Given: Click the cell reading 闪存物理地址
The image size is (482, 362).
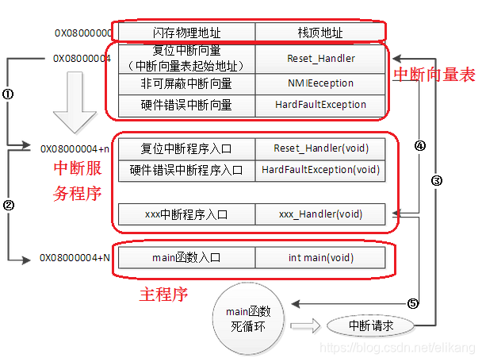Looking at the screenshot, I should pos(186,33).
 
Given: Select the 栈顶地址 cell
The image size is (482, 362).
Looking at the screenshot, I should pos(320,33).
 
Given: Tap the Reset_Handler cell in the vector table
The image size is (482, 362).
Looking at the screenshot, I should pos(320,58).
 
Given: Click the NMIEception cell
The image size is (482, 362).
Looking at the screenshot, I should pos(320,83).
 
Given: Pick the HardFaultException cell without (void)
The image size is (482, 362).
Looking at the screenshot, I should pos(320,104).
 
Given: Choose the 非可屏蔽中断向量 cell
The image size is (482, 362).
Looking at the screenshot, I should pos(186,83).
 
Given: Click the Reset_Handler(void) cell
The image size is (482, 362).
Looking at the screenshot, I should pos(320,148).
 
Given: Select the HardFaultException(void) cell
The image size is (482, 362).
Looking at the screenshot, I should pos(320,169).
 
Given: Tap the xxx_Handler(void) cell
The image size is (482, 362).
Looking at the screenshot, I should pos(320,214).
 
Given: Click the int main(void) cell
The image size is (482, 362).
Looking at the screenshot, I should pos(320,257).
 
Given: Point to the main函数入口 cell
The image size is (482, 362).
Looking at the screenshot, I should pos(186,257).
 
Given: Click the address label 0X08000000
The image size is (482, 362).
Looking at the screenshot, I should pos(82,33).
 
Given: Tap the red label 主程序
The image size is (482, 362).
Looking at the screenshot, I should pos(163,295).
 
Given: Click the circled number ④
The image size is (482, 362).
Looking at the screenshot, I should pos(420,146).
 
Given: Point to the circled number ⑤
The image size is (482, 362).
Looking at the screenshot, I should pos(412,302).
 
